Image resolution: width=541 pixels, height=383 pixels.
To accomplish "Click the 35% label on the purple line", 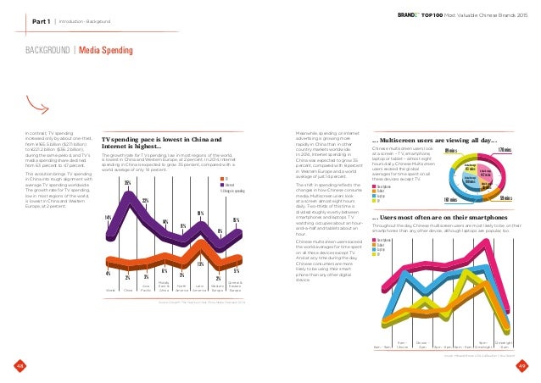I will [127, 183].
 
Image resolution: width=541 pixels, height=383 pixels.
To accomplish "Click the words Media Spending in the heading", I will [105, 52].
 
